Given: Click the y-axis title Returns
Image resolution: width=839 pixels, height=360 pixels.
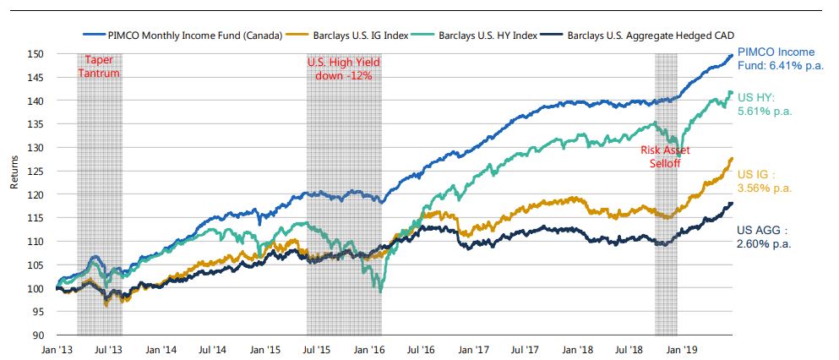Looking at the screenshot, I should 14,194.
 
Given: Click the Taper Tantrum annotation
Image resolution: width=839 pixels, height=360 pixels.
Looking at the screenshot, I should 100,67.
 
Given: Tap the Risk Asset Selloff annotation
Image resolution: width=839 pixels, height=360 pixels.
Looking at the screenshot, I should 665,156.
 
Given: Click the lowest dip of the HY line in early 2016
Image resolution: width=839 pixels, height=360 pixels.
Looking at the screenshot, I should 381,292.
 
